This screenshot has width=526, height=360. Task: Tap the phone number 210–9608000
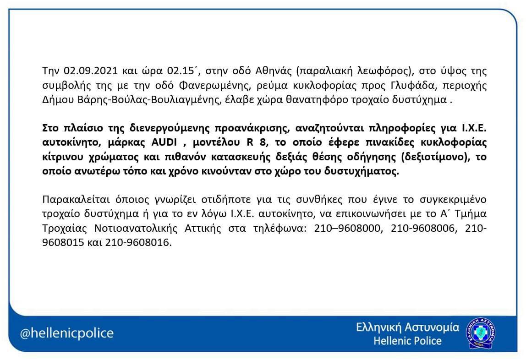click(348, 229)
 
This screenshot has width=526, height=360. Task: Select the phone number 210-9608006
click(424, 229)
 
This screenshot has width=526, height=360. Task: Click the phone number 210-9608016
click(140, 243)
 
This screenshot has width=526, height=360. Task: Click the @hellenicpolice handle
click(67, 333)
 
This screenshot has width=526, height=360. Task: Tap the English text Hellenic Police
click(407, 341)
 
